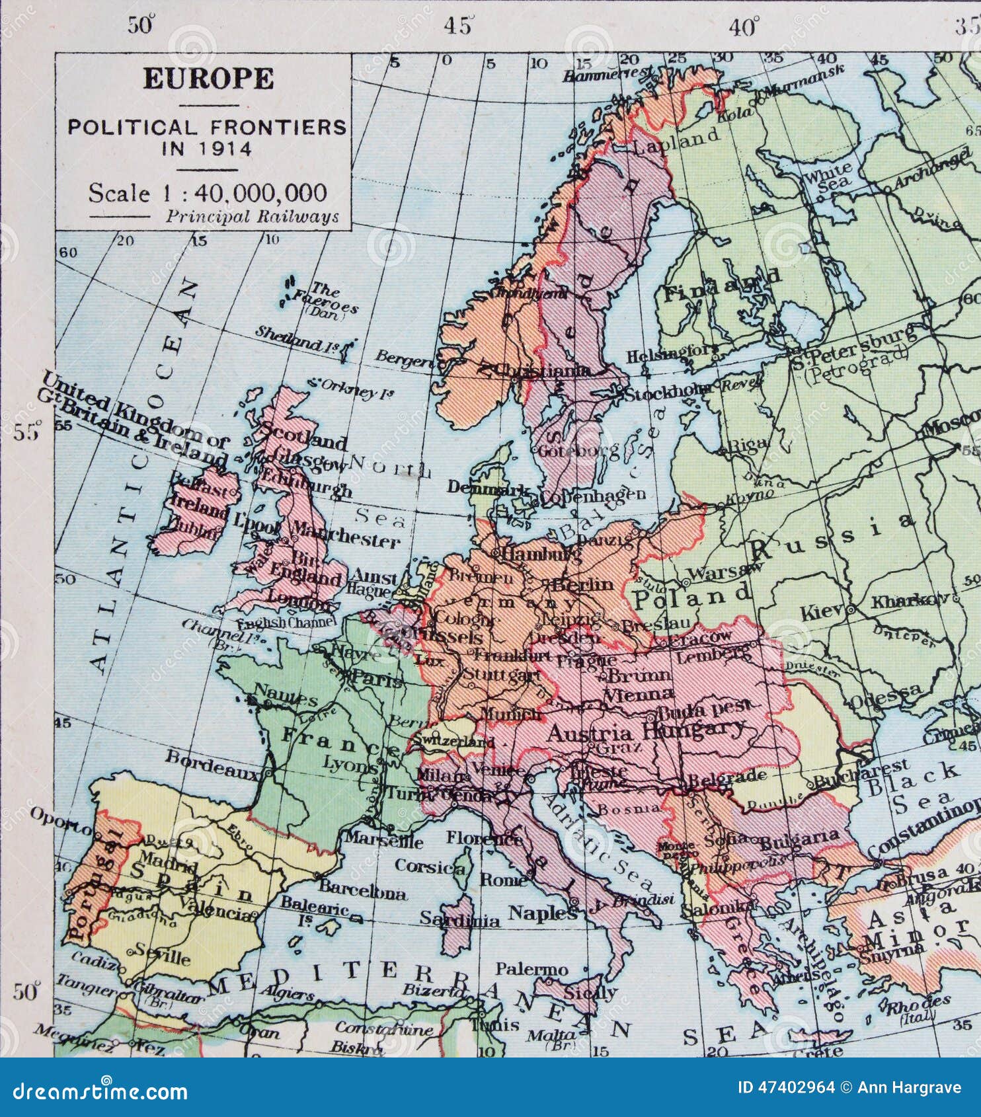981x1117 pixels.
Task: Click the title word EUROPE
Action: (208, 79)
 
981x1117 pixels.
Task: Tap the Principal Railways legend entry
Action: (252, 216)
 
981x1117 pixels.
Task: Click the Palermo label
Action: (531, 970)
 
